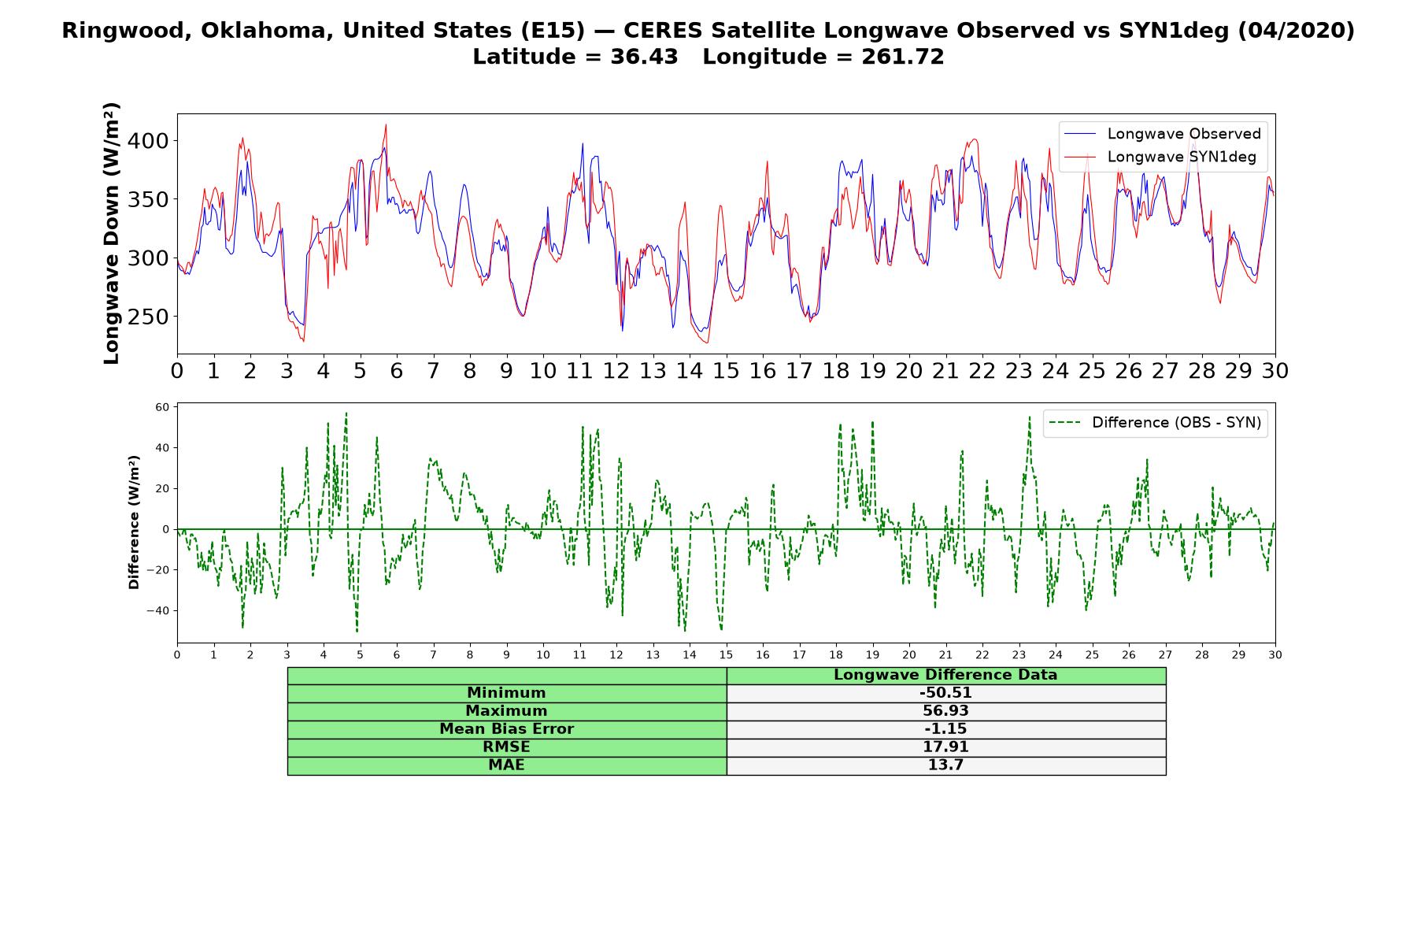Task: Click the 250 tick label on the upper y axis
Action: (149, 317)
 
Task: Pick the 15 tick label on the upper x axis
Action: (726, 370)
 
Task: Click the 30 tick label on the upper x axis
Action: (1275, 370)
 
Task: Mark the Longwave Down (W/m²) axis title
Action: (111, 233)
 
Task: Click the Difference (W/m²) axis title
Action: (134, 522)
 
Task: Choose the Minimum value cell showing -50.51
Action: (945, 693)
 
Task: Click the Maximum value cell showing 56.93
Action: (945, 711)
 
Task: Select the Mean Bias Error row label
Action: (506, 729)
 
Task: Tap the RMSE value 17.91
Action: (945, 747)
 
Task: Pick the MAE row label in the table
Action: (506, 765)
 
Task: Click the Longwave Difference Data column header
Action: (945, 675)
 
